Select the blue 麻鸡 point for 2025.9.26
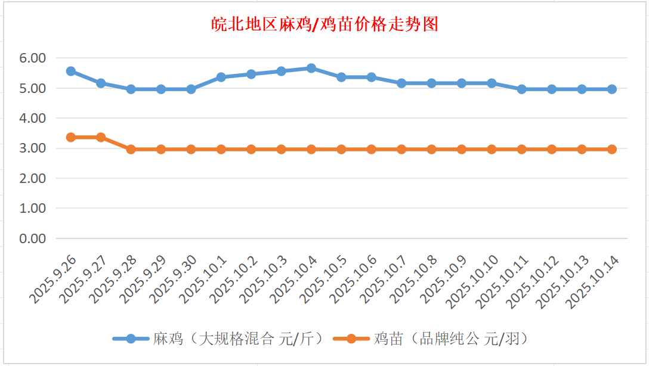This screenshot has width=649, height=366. click(71, 71)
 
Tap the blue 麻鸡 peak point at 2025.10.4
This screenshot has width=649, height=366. click(311, 68)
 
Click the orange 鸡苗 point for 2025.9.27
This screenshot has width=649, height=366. click(101, 137)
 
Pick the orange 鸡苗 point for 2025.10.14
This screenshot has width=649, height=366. click(612, 149)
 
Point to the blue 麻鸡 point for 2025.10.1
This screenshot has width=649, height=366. click(221, 77)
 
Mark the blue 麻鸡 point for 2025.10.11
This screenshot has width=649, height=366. click(522, 89)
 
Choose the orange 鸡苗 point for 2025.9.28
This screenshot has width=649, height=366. click(131, 149)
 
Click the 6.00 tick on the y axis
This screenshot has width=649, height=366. click(32, 58)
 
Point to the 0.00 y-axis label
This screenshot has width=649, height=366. click(32, 238)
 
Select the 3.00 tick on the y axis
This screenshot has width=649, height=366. click(32, 148)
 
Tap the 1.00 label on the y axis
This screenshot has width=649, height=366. click(32, 209)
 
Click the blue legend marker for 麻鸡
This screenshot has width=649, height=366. click(131, 339)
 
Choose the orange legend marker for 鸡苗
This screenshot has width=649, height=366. click(351, 339)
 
